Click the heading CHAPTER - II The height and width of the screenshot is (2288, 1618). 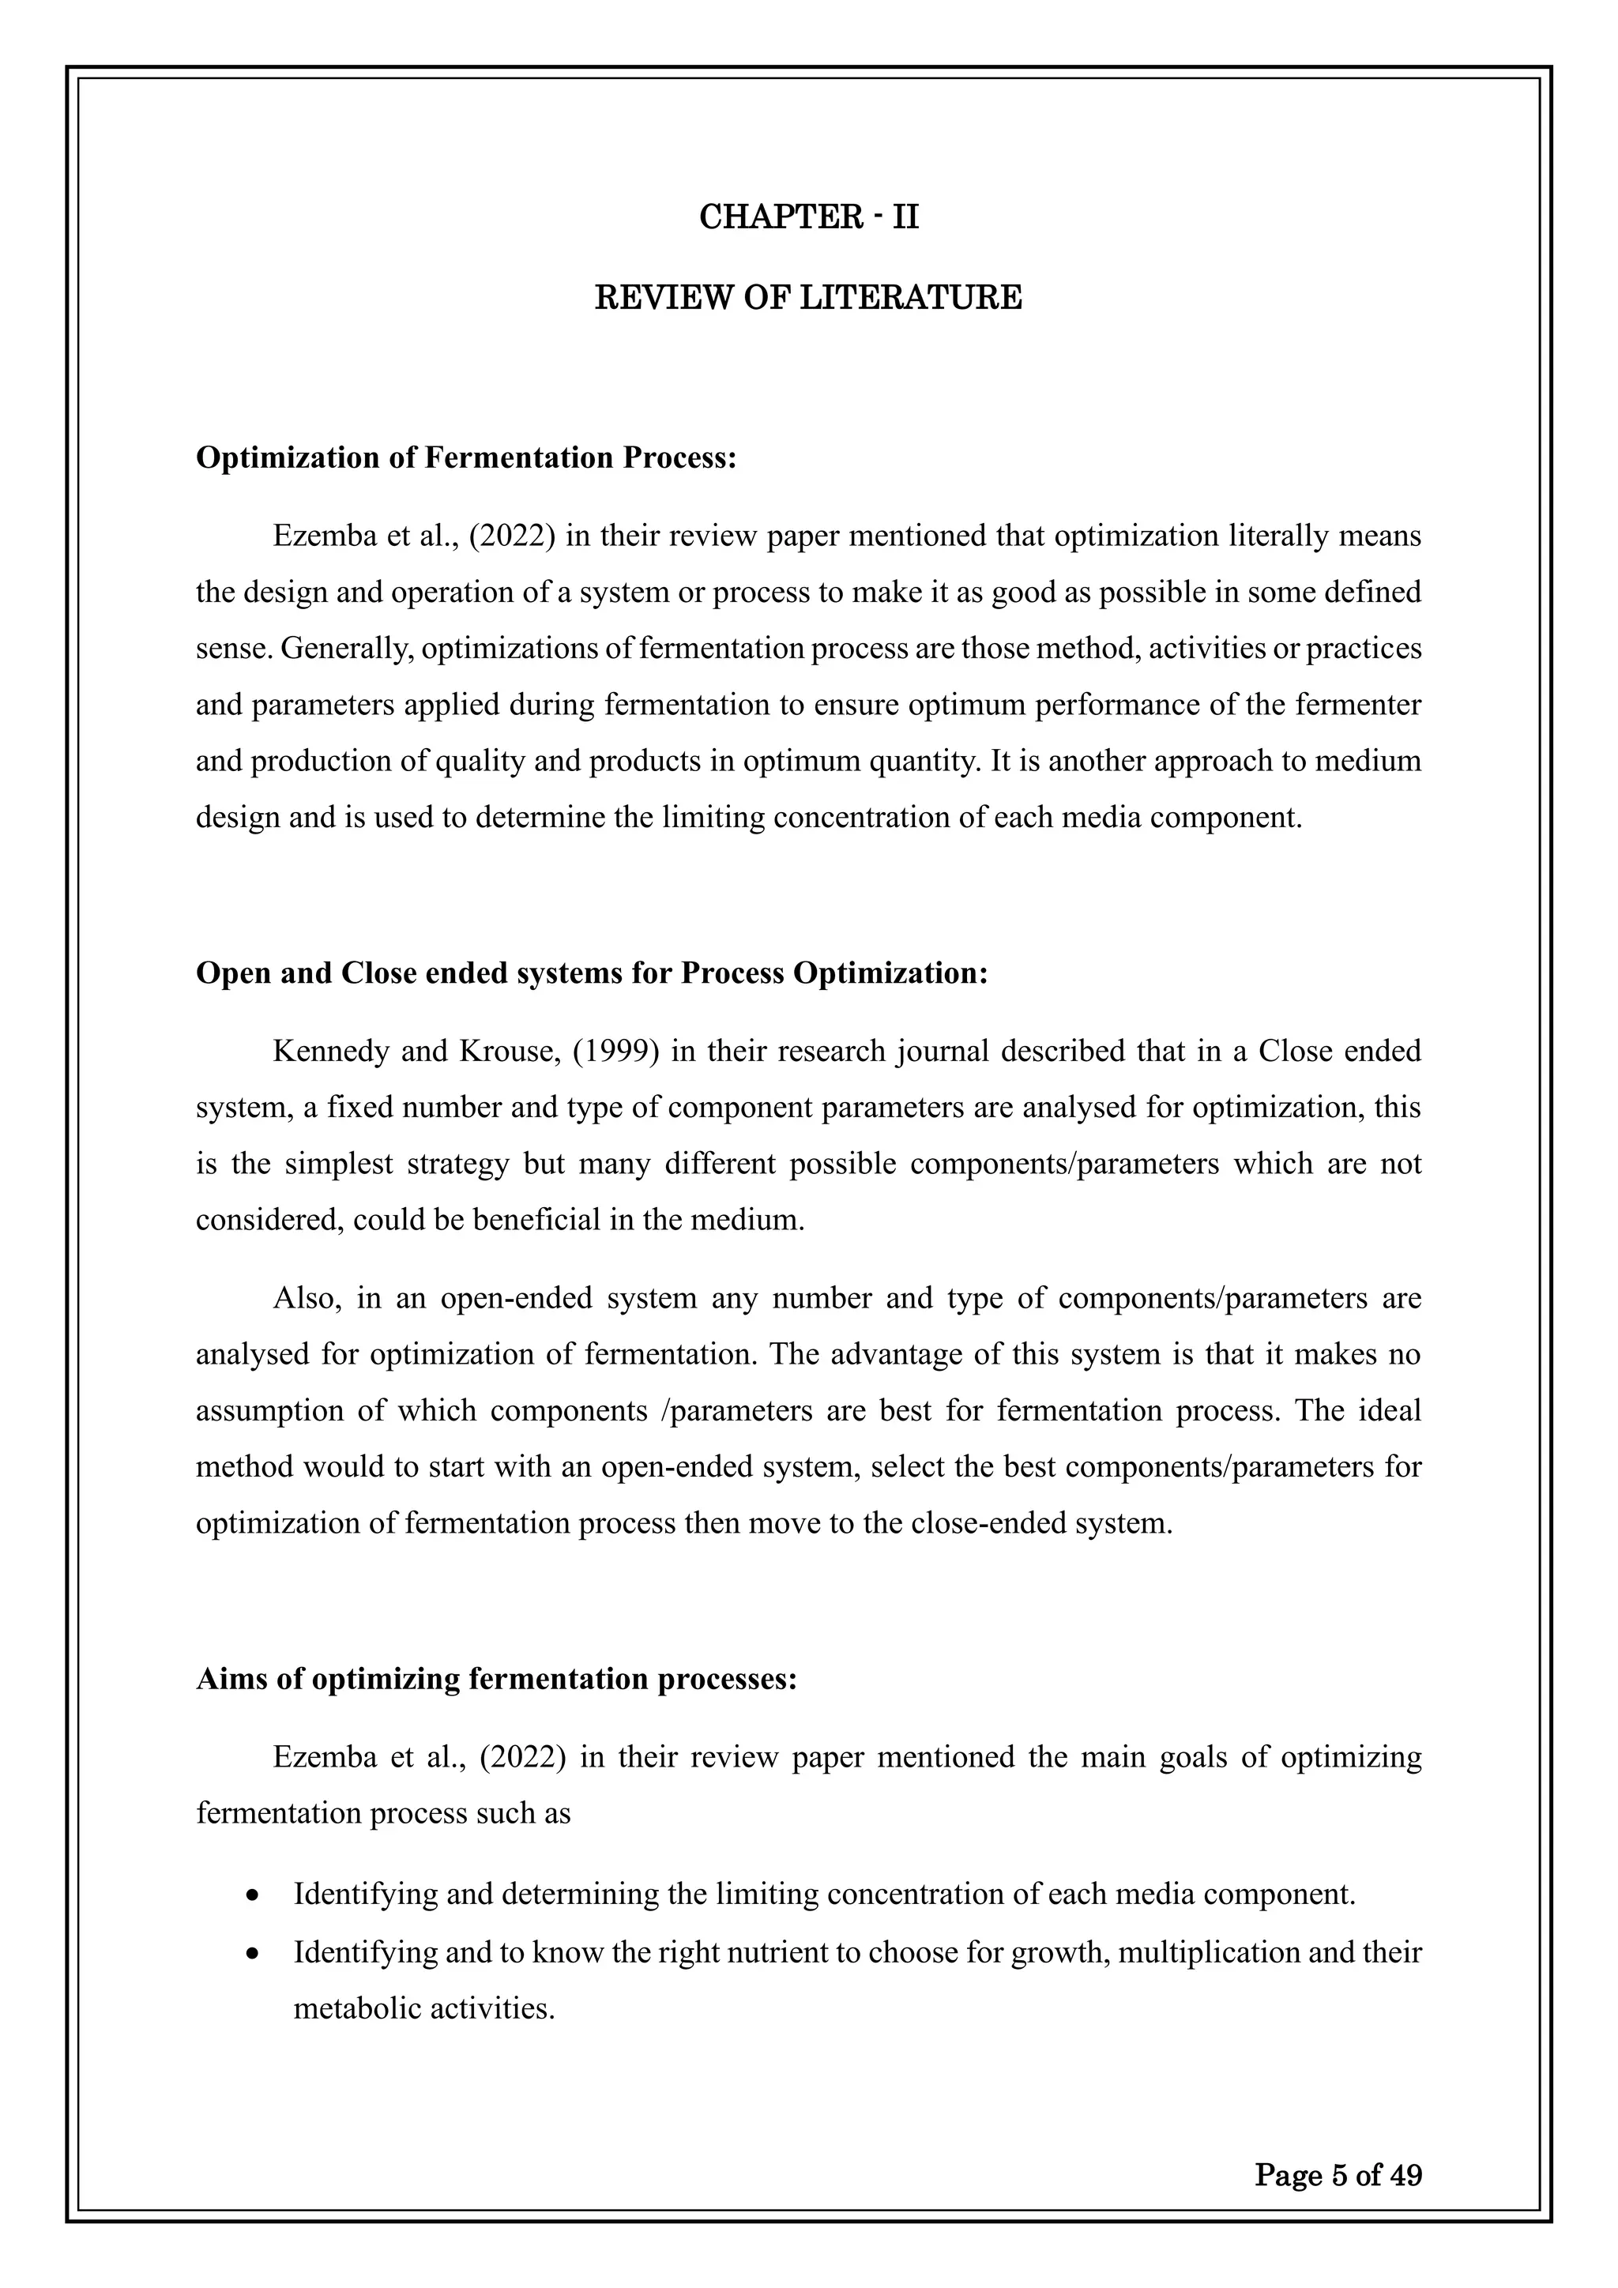pos(808,216)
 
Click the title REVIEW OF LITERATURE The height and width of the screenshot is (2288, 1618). pos(808,297)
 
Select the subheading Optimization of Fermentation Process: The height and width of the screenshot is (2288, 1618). pos(466,457)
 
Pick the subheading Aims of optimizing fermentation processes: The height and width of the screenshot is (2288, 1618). pos(496,1679)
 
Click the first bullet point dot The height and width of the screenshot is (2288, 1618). pos(256,1895)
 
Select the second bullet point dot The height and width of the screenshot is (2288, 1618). pos(256,1952)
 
